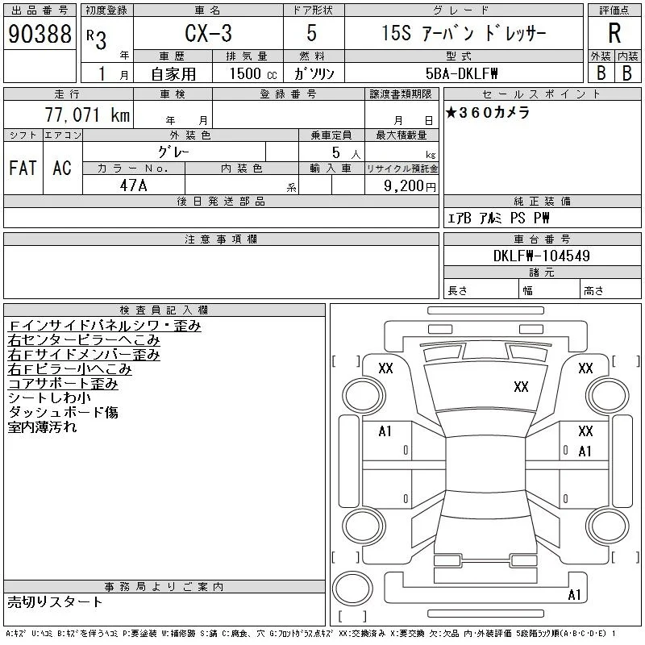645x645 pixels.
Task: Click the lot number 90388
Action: [x=40, y=33]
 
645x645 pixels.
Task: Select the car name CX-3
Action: [x=208, y=33]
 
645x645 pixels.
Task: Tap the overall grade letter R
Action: [x=614, y=33]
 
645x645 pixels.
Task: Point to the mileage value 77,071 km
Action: [x=88, y=114]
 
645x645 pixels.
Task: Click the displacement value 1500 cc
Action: [x=253, y=73]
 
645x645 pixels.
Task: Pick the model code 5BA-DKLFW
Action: [x=461, y=73]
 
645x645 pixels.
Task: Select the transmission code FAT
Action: [x=23, y=168]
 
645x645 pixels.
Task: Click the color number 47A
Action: [x=133, y=185]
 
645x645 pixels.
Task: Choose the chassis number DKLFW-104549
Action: [x=541, y=256]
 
